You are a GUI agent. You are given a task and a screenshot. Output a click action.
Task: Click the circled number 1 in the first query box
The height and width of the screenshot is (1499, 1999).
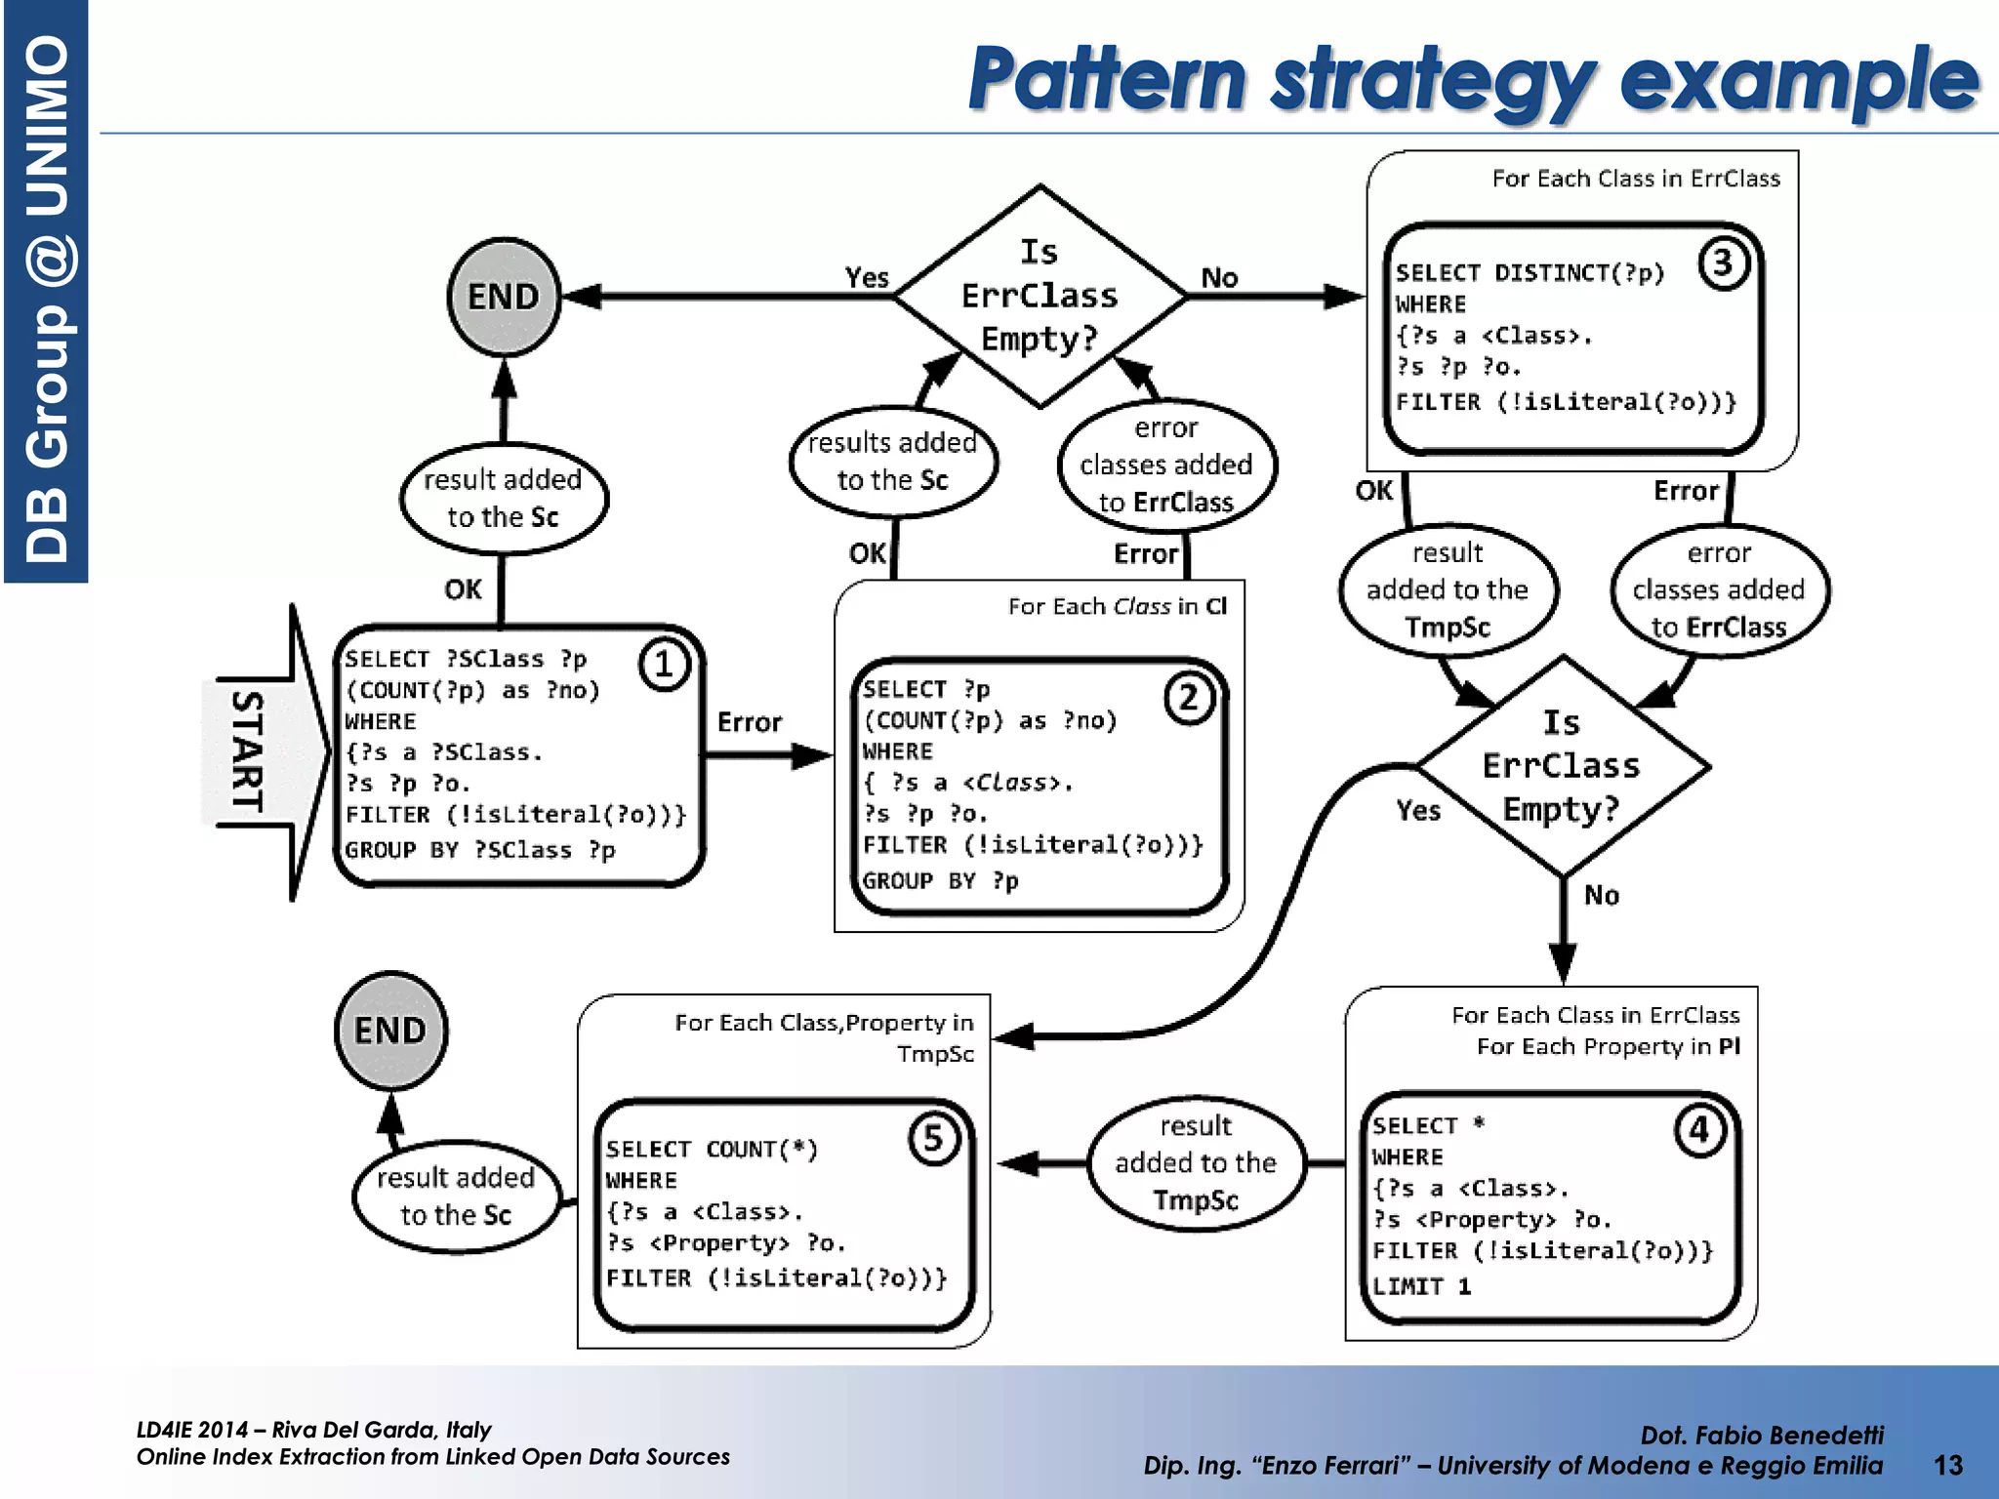click(x=664, y=665)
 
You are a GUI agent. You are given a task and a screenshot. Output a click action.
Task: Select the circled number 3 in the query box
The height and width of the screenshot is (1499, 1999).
click(x=1723, y=263)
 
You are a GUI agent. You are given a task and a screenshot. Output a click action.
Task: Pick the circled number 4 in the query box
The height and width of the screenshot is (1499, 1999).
click(x=1699, y=1130)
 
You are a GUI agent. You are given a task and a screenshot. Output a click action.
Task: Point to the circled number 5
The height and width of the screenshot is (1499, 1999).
click(x=933, y=1138)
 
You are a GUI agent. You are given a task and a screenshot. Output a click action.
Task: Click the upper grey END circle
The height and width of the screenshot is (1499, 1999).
click(x=504, y=297)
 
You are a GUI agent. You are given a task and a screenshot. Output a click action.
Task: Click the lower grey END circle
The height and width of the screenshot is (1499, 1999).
click(x=390, y=1030)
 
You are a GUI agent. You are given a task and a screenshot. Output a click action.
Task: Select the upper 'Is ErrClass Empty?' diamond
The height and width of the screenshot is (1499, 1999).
click(x=1040, y=296)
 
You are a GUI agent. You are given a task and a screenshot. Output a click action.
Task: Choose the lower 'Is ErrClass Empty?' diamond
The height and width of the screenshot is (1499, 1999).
click(x=1562, y=766)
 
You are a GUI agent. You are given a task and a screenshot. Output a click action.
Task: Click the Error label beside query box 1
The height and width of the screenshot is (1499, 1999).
click(x=749, y=722)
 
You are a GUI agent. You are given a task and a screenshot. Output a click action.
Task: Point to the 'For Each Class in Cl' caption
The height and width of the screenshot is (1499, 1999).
click(x=1117, y=606)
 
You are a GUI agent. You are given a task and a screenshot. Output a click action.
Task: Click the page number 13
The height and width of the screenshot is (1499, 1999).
click(x=1947, y=1464)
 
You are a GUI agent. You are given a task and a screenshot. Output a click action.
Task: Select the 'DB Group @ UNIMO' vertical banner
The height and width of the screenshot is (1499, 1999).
click(x=46, y=293)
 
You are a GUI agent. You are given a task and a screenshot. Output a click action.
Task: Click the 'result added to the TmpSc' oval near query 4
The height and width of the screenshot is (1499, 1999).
click(x=1196, y=1162)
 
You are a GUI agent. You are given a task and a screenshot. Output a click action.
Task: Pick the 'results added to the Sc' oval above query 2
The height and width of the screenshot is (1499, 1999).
click(x=892, y=461)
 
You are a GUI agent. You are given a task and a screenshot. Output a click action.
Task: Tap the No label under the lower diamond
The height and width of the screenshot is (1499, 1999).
click(x=1601, y=895)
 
